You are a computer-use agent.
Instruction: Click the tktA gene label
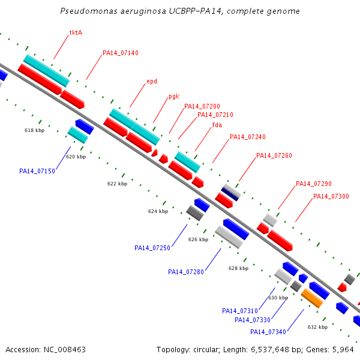[76, 32]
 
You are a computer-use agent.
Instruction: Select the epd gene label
[152, 81]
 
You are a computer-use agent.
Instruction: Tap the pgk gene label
[174, 96]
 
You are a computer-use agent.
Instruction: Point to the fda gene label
[217, 125]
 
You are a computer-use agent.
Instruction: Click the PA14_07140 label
[121, 53]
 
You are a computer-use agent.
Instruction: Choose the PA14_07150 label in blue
[37, 171]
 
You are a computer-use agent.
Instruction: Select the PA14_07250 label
[152, 248]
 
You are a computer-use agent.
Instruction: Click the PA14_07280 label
[186, 272]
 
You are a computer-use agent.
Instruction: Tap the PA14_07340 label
[268, 332]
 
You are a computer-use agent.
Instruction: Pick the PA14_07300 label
[331, 196]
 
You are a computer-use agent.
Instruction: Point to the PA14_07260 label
[274, 155]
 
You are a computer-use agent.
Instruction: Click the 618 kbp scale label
[34, 130]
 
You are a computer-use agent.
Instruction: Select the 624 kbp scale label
[158, 211]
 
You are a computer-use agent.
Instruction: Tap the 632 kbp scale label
[317, 327]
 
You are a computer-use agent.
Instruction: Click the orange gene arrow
[312, 298]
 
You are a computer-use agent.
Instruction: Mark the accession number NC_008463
[65, 350]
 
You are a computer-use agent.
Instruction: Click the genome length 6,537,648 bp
[277, 350]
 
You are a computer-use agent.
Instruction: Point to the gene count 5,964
[343, 350]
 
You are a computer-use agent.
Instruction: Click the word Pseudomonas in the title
[89, 11]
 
